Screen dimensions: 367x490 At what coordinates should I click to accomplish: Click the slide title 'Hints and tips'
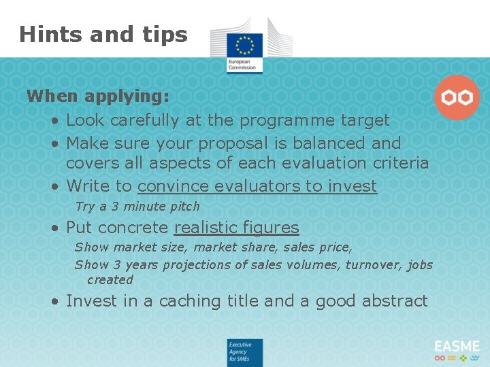(x=103, y=34)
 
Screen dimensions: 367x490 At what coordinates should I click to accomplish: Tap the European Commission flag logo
(x=244, y=45)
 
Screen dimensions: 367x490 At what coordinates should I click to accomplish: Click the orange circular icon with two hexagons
(x=457, y=98)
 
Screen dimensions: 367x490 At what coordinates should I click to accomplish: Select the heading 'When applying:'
(x=98, y=96)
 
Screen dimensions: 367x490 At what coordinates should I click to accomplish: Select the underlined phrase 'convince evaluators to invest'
(x=257, y=186)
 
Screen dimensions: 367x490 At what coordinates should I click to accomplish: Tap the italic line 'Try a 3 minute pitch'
(x=137, y=207)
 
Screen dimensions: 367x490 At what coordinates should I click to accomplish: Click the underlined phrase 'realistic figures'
(x=236, y=228)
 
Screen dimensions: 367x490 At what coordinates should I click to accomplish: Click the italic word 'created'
(x=110, y=280)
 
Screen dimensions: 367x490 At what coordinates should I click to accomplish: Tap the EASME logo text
(x=457, y=347)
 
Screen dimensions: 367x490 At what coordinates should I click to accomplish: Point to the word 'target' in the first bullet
(x=365, y=120)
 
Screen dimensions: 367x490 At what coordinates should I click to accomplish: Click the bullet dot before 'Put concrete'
(x=53, y=228)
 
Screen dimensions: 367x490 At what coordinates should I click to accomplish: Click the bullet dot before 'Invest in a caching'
(x=53, y=302)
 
